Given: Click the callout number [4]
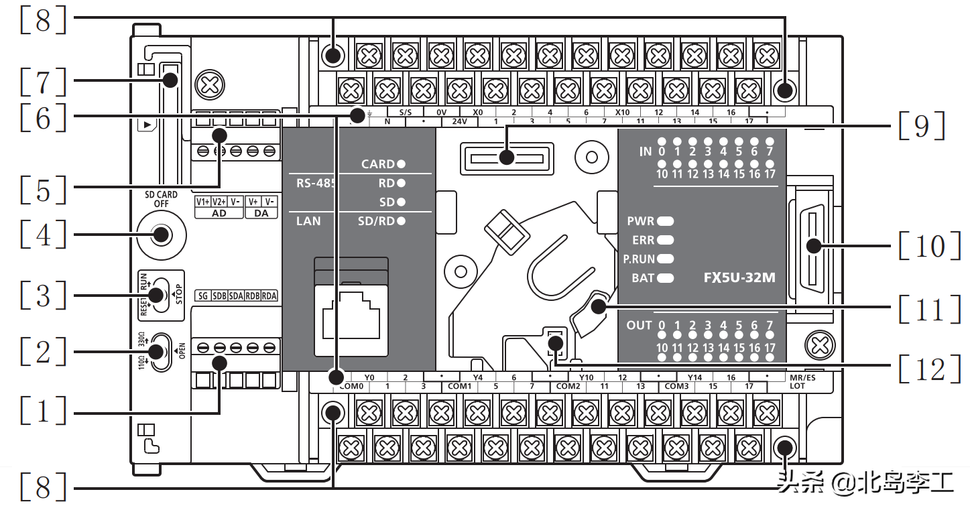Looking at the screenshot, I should pyautogui.click(x=44, y=235).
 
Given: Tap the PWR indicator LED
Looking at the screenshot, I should pyautogui.click(x=666, y=220).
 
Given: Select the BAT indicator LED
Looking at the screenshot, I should pyautogui.click(x=666, y=277).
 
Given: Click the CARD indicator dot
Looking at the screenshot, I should pyautogui.click(x=401, y=164).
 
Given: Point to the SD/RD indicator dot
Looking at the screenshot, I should pyautogui.click(x=401, y=220).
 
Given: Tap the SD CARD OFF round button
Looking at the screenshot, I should pyautogui.click(x=161, y=235).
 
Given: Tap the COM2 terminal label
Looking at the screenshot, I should pyautogui.click(x=568, y=387).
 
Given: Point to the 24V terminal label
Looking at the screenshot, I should pyautogui.click(x=459, y=122).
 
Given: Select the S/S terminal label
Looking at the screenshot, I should pyautogui.click(x=406, y=113).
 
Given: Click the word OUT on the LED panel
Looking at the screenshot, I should pyautogui.click(x=639, y=326).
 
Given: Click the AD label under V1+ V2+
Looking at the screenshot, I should pyautogui.click(x=219, y=213).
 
